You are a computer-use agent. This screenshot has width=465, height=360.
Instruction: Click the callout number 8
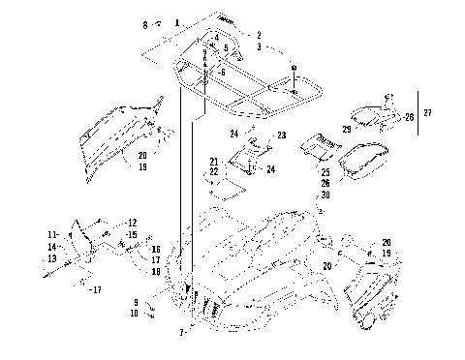pyautogui.click(x=145, y=23)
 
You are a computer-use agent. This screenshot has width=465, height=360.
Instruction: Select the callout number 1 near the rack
pyautogui.click(x=177, y=21)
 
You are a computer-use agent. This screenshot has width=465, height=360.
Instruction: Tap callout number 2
pyautogui.click(x=258, y=35)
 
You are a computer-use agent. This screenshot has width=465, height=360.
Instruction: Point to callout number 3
pyautogui.click(x=258, y=45)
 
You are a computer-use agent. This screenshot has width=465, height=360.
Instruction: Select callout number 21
pyautogui.click(x=214, y=161)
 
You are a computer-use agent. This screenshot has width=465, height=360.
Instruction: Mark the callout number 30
pyautogui.click(x=326, y=195)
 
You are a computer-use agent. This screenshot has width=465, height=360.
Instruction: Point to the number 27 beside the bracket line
pyautogui.click(x=429, y=114)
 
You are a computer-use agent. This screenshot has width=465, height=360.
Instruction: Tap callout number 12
pyautogui.click(x=132, y=224)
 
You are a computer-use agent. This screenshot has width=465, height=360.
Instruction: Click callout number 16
pyautogui.click(x=155, y=249)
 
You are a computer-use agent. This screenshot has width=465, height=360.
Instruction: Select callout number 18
pyautogui.click(x=155, y=272)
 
